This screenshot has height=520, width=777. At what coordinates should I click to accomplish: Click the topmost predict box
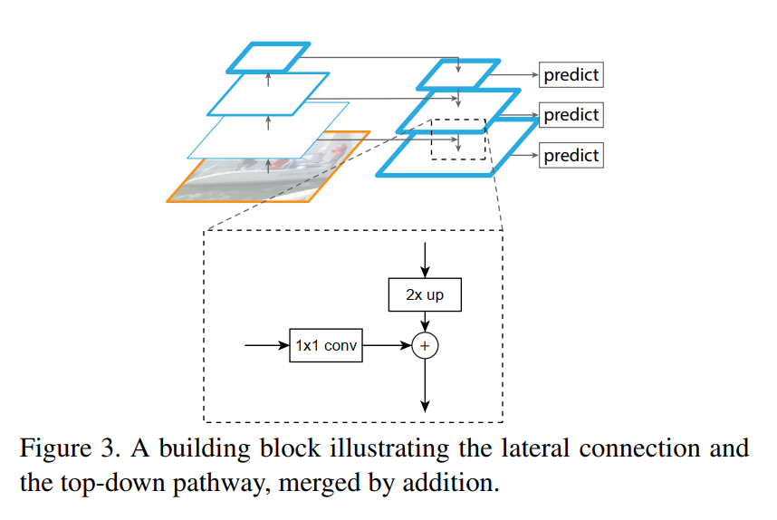[x=571, y=75]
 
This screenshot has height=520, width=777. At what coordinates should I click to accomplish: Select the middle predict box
[x=571, y=115]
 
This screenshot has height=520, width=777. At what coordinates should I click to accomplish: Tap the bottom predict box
[x=571, y=155]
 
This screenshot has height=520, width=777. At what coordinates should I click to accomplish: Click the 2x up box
[x=425, y=295]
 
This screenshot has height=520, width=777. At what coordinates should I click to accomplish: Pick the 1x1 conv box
[x=326, y=345]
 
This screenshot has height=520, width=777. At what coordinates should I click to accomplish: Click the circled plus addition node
[x=425, y=345]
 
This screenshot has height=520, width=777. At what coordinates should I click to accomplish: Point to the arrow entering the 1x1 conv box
[x=267, y=345]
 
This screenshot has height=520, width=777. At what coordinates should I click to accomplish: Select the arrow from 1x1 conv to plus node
[x=387, y=345]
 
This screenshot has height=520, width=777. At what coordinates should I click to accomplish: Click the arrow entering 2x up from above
[x=425, y=260]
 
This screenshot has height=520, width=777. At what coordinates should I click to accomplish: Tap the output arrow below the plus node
[x=425, y=385]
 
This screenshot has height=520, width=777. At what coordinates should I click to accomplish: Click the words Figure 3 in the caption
[x=70, y=448]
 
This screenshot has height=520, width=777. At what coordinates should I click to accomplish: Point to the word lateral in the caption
[x=536, y=448]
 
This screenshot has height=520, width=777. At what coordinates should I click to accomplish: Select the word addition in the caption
[x=450, y=482]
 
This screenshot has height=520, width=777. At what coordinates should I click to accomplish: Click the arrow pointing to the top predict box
[x=513, y=75]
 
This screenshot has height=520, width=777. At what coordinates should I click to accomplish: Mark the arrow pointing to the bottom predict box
[x=524, y=155]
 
